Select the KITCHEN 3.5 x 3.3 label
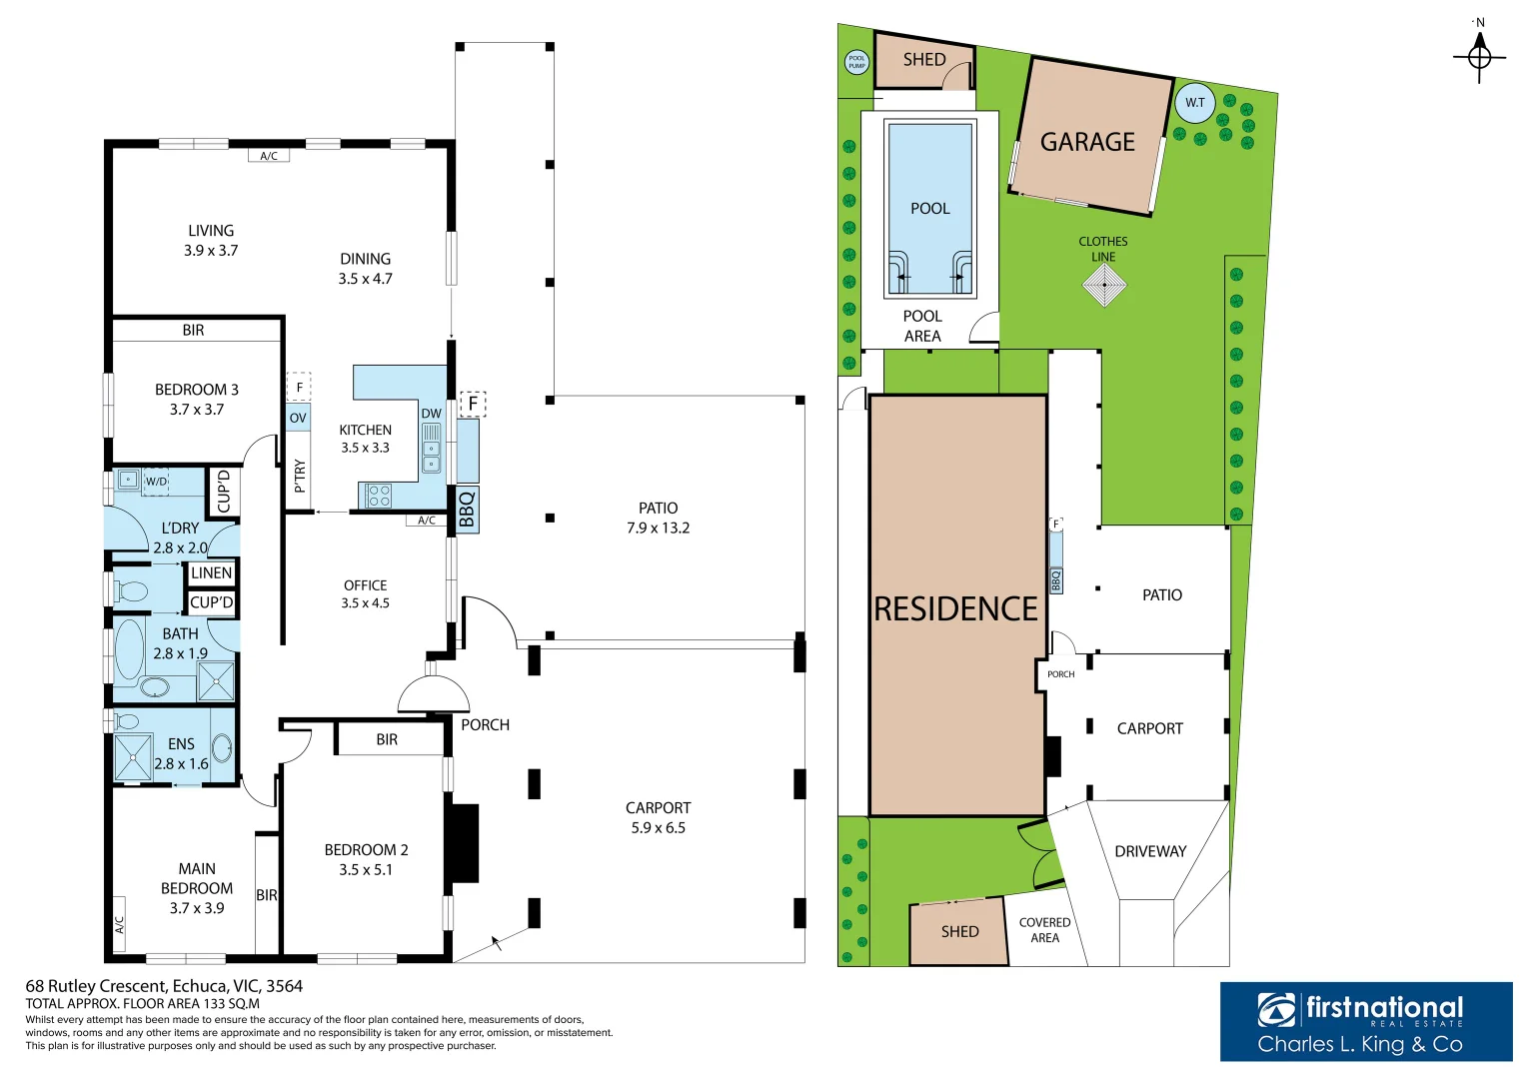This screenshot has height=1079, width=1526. [365, 439]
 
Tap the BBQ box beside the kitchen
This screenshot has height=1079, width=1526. [467, 510]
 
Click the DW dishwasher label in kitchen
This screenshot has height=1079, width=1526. [431, 414]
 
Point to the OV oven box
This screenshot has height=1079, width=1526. [298, 418]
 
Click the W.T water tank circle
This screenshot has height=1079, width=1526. [1195, 103]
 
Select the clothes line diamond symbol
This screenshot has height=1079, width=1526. [1104, 286]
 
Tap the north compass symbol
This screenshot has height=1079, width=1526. [1479, 56]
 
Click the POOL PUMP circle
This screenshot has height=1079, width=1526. [856, 62]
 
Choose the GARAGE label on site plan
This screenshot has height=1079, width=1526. [1087, 143]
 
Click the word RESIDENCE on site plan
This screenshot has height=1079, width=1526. [955, 609]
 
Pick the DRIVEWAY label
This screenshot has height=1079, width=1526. [1150, 851]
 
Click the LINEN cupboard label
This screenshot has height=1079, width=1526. [212, 573]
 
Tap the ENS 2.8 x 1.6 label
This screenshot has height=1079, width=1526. [181, 754]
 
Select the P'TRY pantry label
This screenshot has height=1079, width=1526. [299, 476]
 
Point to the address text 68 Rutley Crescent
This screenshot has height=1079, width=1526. [164, 986]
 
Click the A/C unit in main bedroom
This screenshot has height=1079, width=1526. [119, 924]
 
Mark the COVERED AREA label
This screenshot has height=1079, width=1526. [1044, 930]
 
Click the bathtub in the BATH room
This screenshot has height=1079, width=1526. [130, 649]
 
